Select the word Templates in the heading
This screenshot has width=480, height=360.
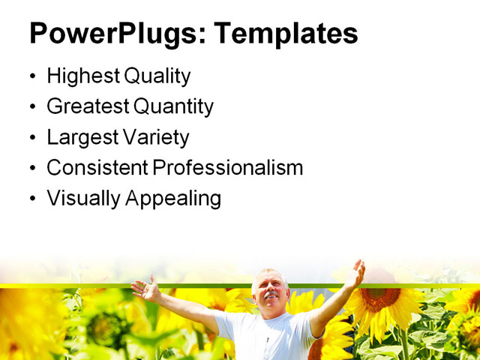(286, 34)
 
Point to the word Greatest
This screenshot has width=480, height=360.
(87, 106)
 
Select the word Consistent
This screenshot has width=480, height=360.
(97, 168)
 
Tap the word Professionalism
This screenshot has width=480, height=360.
(228, 168)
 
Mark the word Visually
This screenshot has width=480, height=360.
(82, 199)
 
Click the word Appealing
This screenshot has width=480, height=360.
(174, 199)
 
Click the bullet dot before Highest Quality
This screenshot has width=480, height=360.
(31, 76)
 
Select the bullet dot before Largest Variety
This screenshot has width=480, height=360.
(31, 138)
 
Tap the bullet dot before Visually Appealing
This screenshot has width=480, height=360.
(31, 199)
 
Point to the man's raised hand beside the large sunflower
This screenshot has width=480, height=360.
(356, 273)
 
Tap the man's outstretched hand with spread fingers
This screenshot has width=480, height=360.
(145, 289)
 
